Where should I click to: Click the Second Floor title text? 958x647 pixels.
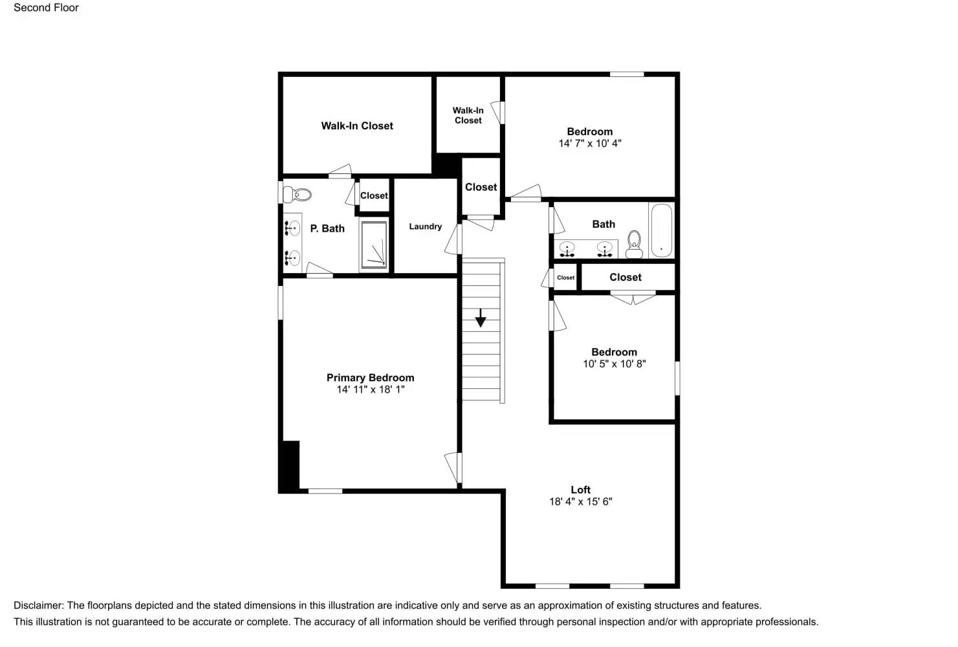point(46,8)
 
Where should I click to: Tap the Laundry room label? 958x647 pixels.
point(425,226)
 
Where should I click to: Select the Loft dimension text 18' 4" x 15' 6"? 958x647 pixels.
point(580,501)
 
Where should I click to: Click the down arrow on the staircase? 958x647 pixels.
point(481,318)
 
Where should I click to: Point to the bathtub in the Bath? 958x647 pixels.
point(661,231)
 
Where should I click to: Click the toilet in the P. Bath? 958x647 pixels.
point(299,194)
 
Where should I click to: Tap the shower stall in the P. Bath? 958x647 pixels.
point(374,245)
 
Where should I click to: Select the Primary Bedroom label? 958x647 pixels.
point(370,378)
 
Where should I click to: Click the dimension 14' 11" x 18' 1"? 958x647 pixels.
point(370,389)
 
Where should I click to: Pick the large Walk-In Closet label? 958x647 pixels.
point(357,126)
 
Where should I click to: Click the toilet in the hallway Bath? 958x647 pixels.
point(634,244)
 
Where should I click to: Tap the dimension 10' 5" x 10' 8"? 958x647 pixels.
point(614,364)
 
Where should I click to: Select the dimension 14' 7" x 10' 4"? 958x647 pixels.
point(589,144)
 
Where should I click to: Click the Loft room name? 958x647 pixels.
point(580,490)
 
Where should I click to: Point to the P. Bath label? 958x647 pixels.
point(327,228)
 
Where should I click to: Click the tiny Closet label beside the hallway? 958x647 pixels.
point(565,278)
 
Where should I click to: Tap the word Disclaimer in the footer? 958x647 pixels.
point(38,606)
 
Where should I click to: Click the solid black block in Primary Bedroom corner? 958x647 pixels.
point(290,466)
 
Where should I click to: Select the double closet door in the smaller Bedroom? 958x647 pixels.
point(633,299)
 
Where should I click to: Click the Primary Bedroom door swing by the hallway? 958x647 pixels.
point(453,467)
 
